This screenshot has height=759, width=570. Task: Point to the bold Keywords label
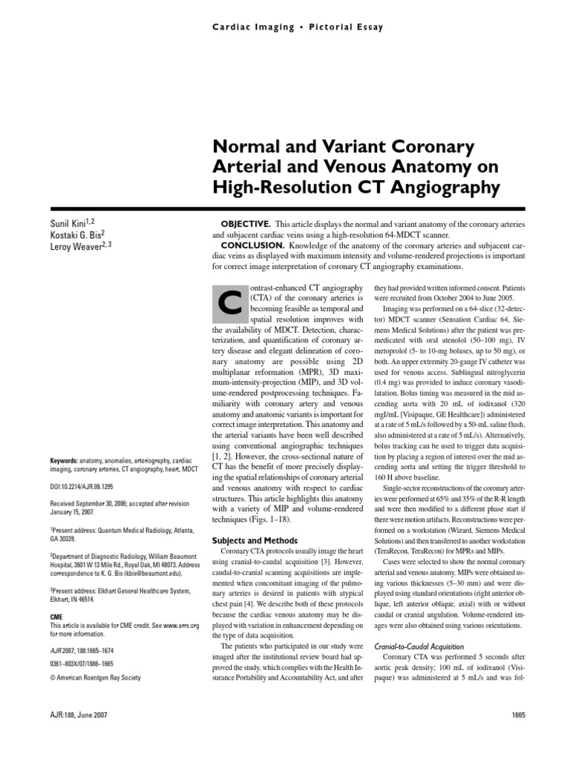click(68, 460)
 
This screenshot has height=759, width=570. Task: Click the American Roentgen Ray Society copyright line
click(95, 677)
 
